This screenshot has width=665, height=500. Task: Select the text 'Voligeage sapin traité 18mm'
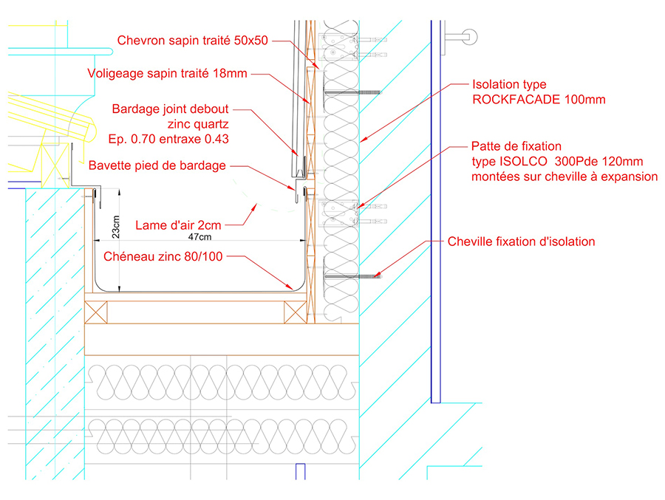pyautogui.click(x=167, y=73)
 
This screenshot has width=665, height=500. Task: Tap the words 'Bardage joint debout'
pyautogui.click(x=171, y=109)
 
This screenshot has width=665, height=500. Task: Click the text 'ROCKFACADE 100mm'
pyautogui.click(x=539, y=100)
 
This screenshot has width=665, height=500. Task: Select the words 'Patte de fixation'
pyautogui.click(x=516, y=146)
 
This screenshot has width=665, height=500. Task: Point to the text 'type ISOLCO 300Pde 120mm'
pyautogui.click(x=557, y=161)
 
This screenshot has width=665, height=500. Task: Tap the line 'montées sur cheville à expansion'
pyautogui.click(x=565, y=177)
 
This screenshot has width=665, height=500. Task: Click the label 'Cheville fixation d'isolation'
pyautogui.click(x=521, y=242)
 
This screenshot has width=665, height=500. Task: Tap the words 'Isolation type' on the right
pyautogui.click(x=509, y=85)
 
